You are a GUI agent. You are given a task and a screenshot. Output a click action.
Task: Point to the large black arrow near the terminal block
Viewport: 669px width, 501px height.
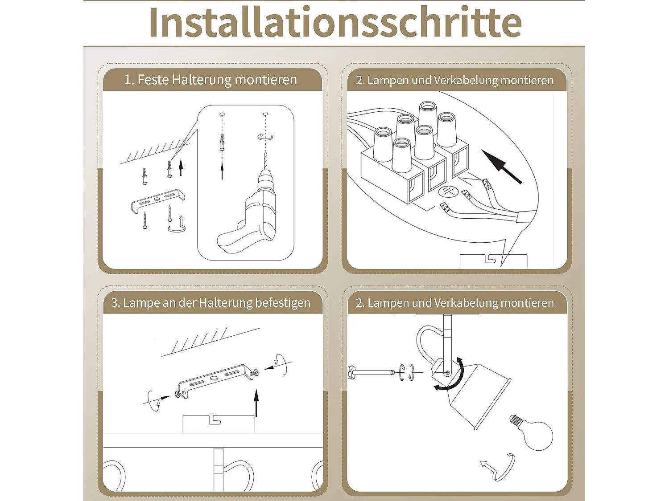(501, 167)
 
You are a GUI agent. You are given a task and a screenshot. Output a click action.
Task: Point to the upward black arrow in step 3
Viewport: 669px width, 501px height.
(256, 403)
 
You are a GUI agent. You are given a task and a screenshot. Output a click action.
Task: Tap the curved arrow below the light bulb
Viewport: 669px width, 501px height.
(500, 468)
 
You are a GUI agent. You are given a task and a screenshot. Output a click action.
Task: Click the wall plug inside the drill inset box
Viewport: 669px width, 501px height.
(222, 143)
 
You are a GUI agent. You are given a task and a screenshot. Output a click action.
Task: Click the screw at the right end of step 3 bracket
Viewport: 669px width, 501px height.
(256, 373)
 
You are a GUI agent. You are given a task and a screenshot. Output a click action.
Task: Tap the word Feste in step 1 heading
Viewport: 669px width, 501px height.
(153, 80)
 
